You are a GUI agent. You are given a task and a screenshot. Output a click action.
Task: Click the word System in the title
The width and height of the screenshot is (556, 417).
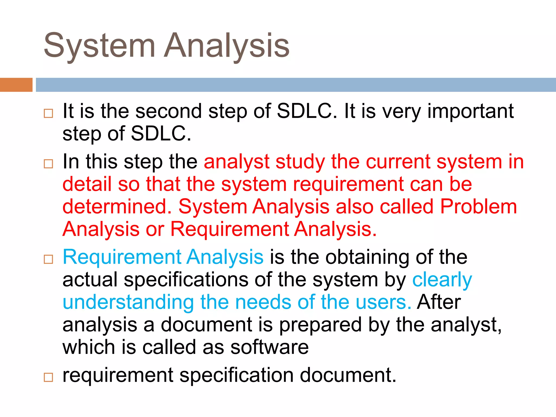pyautogui.click(x=99, y=46)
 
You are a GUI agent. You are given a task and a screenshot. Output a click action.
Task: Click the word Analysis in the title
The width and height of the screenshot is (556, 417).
pyautogui.click(x=227, y=46)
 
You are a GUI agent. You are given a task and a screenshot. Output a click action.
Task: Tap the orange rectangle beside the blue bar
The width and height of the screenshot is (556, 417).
pyautogui.click(x=16, y=85)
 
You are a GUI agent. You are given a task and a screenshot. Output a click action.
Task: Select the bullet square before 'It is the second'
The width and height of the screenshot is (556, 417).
pyautogui.click(x=48, y=113)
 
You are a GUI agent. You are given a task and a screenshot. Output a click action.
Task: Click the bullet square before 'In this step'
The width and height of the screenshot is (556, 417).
pyautogui.click(x=48, y=164)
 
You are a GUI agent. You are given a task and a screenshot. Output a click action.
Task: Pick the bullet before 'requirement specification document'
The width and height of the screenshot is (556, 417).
pyautogui.click(x=48, y=377)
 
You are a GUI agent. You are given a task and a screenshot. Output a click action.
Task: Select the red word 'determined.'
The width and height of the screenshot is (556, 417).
pyautogui.click(x=117, y=207)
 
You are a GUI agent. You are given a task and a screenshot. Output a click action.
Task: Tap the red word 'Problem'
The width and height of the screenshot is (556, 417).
pyautogui.click(x=478, y=207)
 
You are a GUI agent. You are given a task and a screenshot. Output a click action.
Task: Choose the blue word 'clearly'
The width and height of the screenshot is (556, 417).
pyautogui.click(x=442, y=280)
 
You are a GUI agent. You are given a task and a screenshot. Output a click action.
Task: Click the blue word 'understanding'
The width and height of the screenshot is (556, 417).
pyautogui.click(x=128, y=302)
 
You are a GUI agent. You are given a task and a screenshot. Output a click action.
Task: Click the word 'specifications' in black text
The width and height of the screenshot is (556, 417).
pyautogui.click(x=186, y=280)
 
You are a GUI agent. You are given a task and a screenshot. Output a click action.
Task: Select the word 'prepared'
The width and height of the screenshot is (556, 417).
pyautogui.click(x=320, y=325)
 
